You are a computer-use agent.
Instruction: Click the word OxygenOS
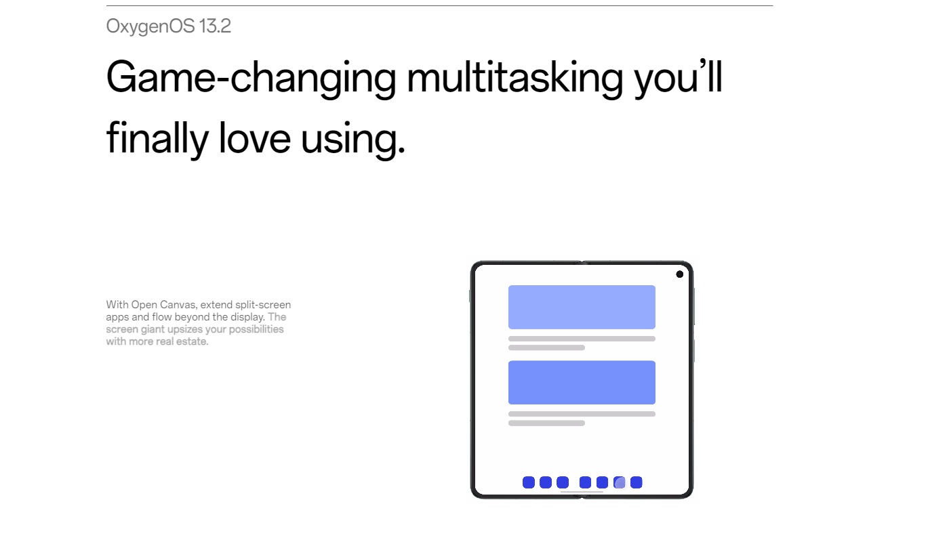coord(150,26)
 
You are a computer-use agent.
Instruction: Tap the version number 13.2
coord(215,26)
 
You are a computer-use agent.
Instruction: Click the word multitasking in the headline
coord(515,77)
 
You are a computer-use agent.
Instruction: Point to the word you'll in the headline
coord(679,78)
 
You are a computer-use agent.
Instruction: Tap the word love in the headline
coord(254,138)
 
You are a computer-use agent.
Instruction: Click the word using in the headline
coord(352,139)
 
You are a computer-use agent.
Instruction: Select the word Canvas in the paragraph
coord(178,305)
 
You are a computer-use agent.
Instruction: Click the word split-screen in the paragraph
coord(263,305)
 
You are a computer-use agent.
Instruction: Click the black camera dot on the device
coord(679,274)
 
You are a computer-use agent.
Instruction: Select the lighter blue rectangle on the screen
coord(582,307)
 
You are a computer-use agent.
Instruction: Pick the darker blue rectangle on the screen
coord(582,383)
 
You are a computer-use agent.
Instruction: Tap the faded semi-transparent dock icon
coord(620,482)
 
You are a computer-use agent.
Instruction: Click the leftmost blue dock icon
coord(529,482)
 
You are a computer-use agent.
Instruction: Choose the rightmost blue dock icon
coord(637,482)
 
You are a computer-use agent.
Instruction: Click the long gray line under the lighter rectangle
coord(582,339)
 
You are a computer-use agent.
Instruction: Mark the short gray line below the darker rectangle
coord(546,423)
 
